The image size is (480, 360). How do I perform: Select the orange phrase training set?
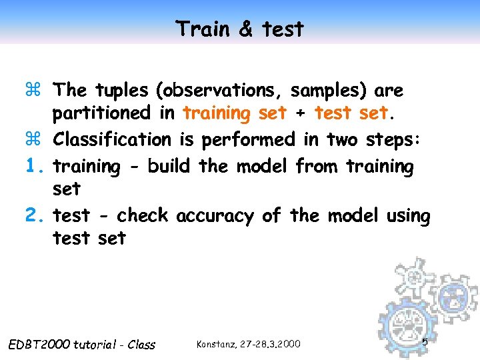click(235, 113)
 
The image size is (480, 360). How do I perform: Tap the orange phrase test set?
click(351, 113)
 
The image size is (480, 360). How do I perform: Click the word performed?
click(247, 139)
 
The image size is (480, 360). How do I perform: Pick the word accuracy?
click(215, 216)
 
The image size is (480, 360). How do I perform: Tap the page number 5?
click(425, 342)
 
